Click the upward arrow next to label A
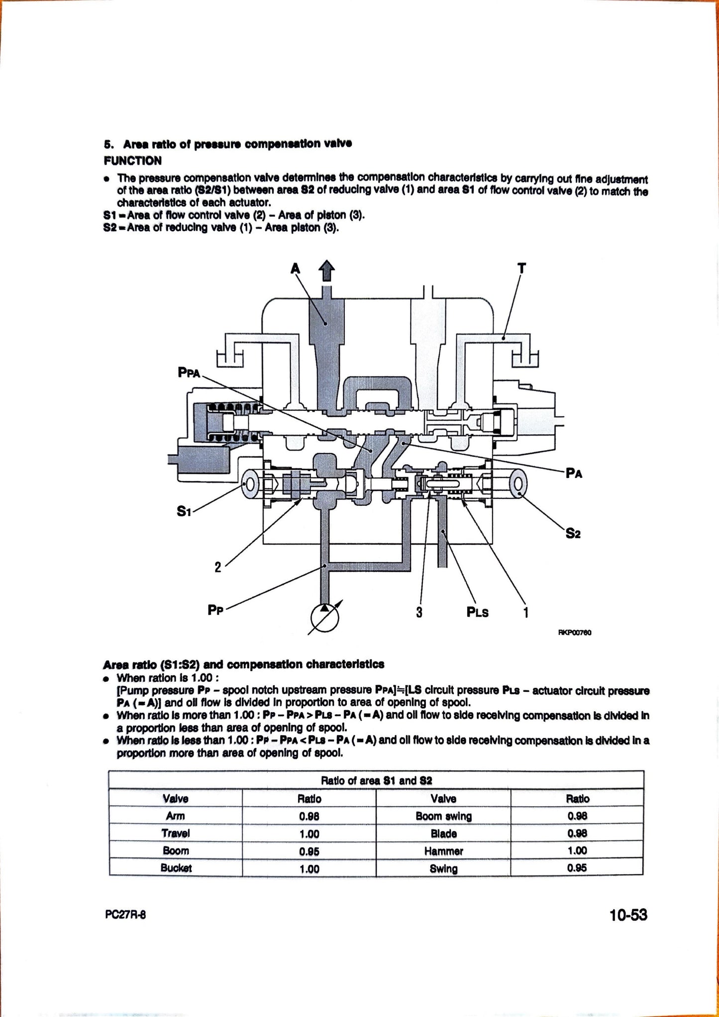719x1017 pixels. click(x=326, y=272)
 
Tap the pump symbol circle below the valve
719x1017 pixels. click(x=324, y=619)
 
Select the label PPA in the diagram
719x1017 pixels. click(x=189, y=372)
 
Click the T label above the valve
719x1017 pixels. click(x=521, y=269)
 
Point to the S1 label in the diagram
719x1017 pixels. click(x=184, y=511)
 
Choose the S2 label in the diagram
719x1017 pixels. click(x=573, y=534)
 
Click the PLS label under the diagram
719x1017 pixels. click(x=477, y=613)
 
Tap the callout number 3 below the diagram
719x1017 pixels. click(x=419, y=612)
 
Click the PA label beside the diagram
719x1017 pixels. click(x=574, y=473)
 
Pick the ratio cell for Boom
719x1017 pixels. click(x=309, y=851)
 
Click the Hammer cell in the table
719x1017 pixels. click(x=443, y=851)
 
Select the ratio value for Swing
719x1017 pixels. click(x=577, y=868)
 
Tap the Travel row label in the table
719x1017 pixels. click(x=175, y=833)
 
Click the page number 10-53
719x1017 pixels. click(x=628, y=915)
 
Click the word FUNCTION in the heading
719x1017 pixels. click(x=132, y=161)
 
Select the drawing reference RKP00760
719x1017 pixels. click(x=575, y=633)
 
